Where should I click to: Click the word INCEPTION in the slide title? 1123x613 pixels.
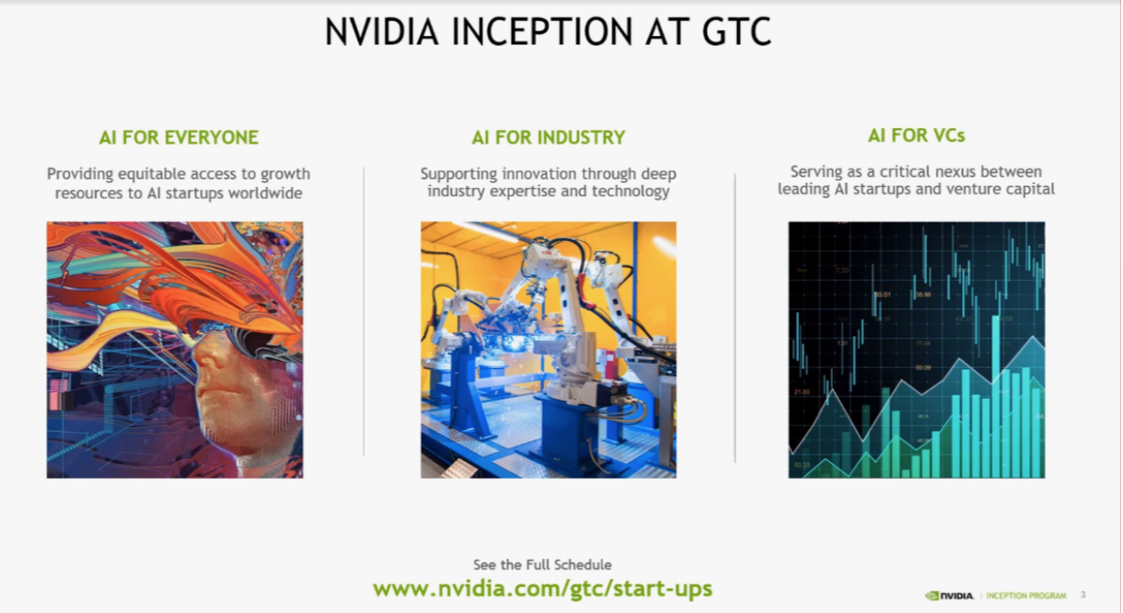[x=541, y=31]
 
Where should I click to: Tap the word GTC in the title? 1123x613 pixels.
[x=736, y=31]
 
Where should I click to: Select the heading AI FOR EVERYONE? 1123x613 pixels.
[x=179, y=137]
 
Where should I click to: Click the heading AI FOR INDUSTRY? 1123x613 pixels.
[x=549, y=137]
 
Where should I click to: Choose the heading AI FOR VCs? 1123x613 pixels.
[x=916, y=135]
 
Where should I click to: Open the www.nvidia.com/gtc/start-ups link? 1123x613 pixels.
[x=542, y=588]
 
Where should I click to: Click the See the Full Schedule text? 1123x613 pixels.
[x=542, y=565]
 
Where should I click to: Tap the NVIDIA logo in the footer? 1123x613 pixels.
[x=949, y=596]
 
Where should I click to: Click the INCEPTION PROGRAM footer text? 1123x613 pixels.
[x=1025, y=596]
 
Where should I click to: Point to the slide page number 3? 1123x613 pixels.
[x=1082, y=595]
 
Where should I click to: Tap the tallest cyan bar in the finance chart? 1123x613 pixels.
[x=996, y=396]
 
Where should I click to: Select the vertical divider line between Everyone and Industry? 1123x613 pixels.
[x=364, y=311]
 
